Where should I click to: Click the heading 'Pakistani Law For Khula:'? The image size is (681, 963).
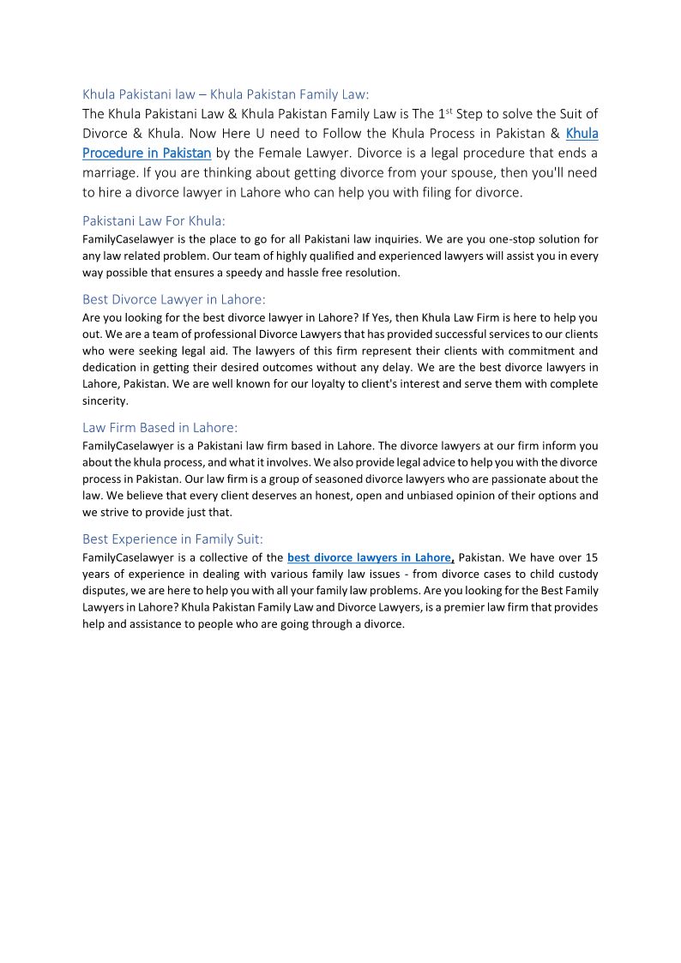154,220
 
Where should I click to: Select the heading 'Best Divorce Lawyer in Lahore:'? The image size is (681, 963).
174,299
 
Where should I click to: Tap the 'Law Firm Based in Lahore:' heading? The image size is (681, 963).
160,427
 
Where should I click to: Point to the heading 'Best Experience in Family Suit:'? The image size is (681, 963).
172,539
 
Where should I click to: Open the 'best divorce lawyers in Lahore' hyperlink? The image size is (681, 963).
369,557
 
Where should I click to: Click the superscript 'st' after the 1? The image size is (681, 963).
451,110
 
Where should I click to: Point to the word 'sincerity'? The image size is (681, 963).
104,400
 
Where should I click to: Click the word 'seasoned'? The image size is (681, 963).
353,479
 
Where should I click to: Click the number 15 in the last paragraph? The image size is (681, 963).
591,557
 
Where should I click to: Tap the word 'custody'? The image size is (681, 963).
576,574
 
